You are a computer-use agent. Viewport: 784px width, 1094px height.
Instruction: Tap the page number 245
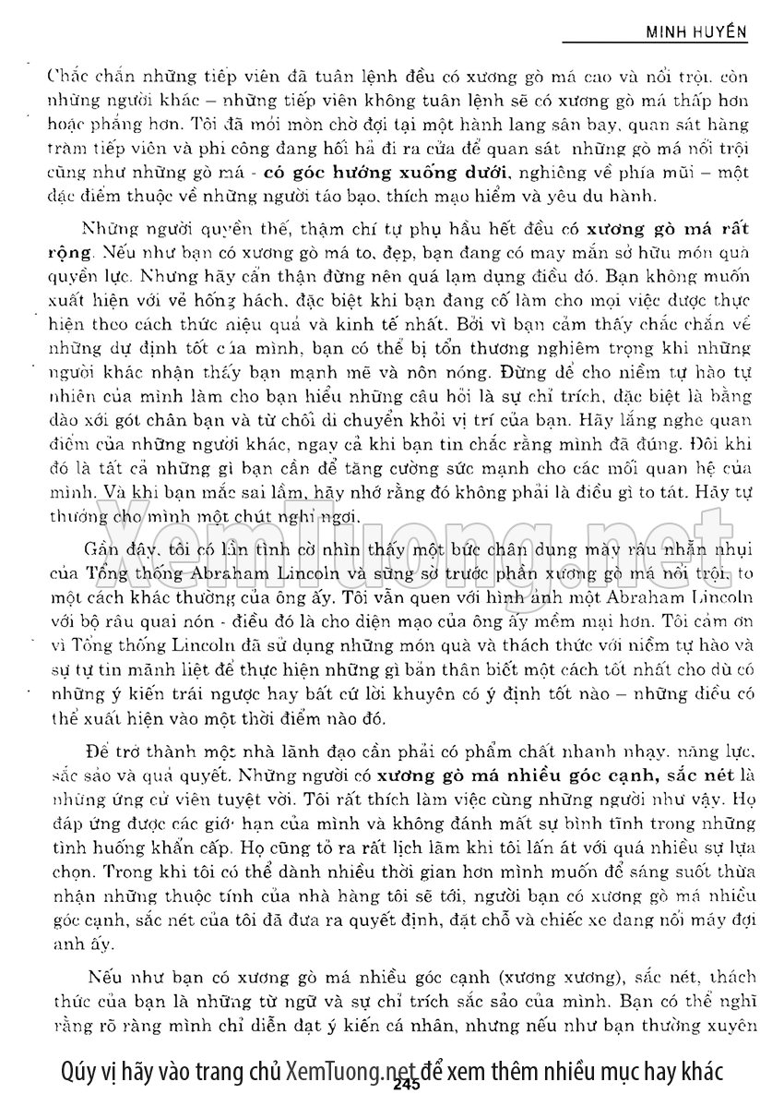tap(405, 1085)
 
